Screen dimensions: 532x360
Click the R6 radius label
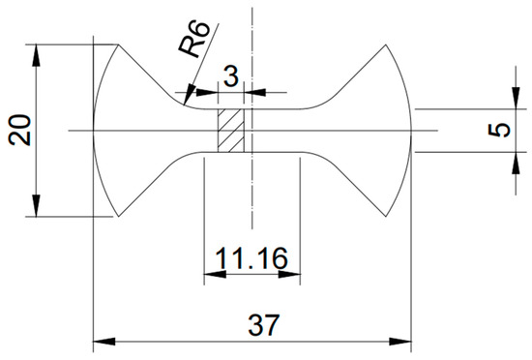[194, 39]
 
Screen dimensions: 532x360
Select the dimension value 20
[19, 130]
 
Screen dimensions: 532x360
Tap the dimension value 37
[264, 325]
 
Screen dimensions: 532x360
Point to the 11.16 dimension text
[251, 258]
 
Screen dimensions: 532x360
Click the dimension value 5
[499, 130]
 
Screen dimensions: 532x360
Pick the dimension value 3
[231, 76]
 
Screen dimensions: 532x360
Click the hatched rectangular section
[231, 131]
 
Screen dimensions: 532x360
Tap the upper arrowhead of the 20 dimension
[37, 55]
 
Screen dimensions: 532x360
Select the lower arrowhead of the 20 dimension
[37, 205]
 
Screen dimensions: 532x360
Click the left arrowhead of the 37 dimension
[103, 342]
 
